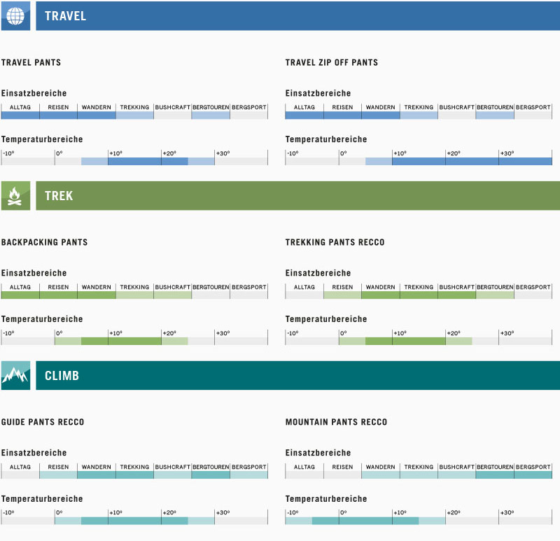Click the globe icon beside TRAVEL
(15, 15)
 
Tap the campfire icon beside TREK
(15, 195)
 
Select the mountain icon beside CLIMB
(15, 375)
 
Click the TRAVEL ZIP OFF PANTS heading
(331, 62)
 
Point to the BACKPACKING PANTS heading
(45, 242)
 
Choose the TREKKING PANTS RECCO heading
(335, 242)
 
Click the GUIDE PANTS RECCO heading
(43, 422)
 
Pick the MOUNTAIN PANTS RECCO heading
(336, 422)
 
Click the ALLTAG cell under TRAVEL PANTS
(20, 107)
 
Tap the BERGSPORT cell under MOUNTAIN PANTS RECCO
(533, 467)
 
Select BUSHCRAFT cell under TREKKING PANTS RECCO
(457, 287)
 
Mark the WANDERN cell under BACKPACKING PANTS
(97, 287)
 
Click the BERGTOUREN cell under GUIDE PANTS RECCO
(211, 467)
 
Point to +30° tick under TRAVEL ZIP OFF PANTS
(506, 153)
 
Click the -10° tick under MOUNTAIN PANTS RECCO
(293, 513)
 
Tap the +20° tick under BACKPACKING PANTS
(169, 333)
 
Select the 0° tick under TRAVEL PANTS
(59, 153)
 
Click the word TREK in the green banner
(59, 196)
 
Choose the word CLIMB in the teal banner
(62, 376)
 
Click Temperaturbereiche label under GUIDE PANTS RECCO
(42, 499)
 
